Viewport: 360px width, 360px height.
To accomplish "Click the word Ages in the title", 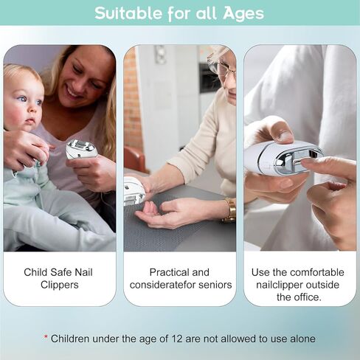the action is (243, 13).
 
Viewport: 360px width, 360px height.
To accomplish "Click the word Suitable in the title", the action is (128, 13).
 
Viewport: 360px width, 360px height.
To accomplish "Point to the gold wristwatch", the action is (229, 210).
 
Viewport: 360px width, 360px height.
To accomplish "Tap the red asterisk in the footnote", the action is (46, 337).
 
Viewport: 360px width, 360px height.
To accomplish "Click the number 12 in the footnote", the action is (177, 339).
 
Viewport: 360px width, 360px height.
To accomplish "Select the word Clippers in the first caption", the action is (60, 285).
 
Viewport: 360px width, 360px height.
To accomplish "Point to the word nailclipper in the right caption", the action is (280, 285).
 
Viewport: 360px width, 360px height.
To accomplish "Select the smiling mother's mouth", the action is (75, 93).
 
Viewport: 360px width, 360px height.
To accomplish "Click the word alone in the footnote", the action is (303, 339).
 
